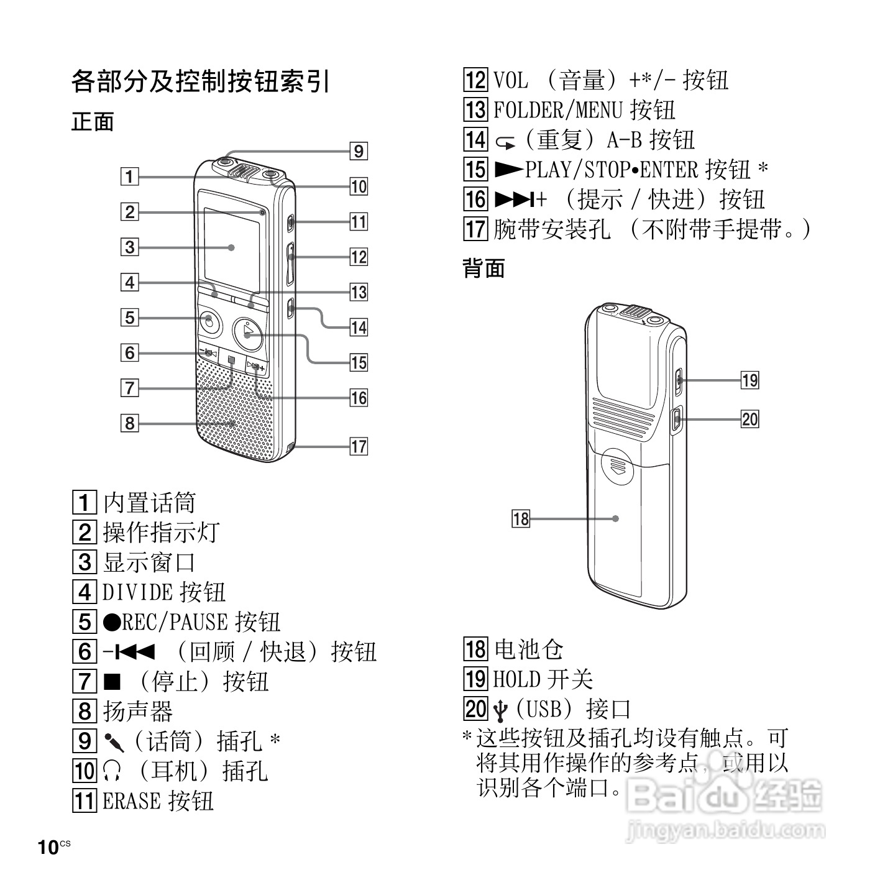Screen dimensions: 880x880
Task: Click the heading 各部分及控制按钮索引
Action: pos(199,81)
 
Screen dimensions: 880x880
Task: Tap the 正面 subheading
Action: pos(93,122)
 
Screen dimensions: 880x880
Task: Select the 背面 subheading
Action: pos(484,268)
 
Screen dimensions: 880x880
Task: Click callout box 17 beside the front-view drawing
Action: pos(359,446)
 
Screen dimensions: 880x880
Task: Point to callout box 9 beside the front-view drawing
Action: pos(359,151)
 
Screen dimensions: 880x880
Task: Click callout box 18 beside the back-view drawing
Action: pos(521,518)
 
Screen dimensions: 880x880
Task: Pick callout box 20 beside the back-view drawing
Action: pos(750,419)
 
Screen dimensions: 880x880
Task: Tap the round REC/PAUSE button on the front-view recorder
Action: pos(211,321)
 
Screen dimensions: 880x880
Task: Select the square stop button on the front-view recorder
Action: pos(232,360)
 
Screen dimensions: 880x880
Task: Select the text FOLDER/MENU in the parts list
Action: pos(557,111)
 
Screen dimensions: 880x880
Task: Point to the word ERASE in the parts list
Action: pos(131,801)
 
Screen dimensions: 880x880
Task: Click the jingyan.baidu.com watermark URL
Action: pos(725,829)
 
